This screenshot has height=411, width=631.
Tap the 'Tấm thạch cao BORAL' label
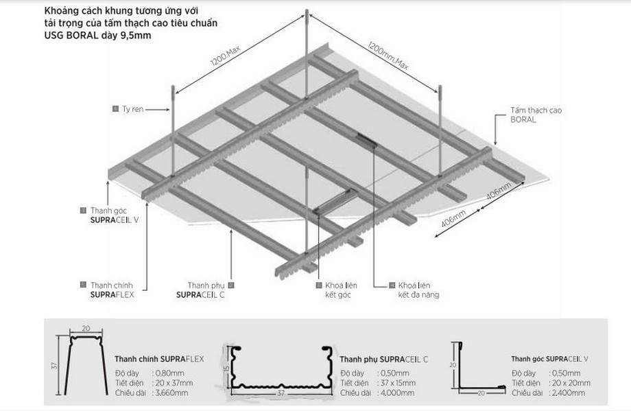(532, 114)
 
